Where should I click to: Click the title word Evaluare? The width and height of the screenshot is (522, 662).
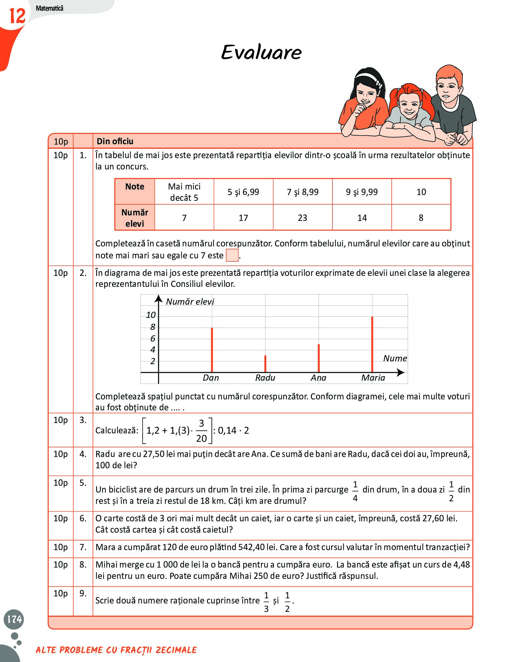(x=261, y=52)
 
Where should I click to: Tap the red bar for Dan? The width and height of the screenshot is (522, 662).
(x=212, y=350)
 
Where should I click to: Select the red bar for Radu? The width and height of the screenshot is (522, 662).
(x=265, y=364)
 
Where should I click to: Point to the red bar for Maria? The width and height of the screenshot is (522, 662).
(x=372, y=344)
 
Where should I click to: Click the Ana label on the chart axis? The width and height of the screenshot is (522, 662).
(x=318, y=378)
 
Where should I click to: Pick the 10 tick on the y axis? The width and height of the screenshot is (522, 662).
(x=151, y=315)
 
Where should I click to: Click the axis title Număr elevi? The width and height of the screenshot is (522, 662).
(x=190, y=302)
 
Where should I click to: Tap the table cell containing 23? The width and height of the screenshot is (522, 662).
(x=302, y=218)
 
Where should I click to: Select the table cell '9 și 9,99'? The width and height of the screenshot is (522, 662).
(x=362, y=192)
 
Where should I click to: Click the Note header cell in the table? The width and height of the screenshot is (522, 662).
(x=135, y=187)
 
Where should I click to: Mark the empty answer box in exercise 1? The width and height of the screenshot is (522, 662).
(x=232, y=255)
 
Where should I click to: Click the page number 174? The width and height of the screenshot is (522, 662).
(x=14, y=619)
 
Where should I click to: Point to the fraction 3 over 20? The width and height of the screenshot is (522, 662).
(x=201, y=430)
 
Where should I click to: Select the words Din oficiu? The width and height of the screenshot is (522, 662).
(x=115, y=141)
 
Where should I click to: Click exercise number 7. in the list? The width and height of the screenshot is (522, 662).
(x=83, y=547)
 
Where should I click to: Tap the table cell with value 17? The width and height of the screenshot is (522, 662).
(x=243, y=218)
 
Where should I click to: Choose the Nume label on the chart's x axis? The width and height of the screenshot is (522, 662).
(x=395, y=358)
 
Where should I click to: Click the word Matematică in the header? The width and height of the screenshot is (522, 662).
(x=49, y=8)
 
